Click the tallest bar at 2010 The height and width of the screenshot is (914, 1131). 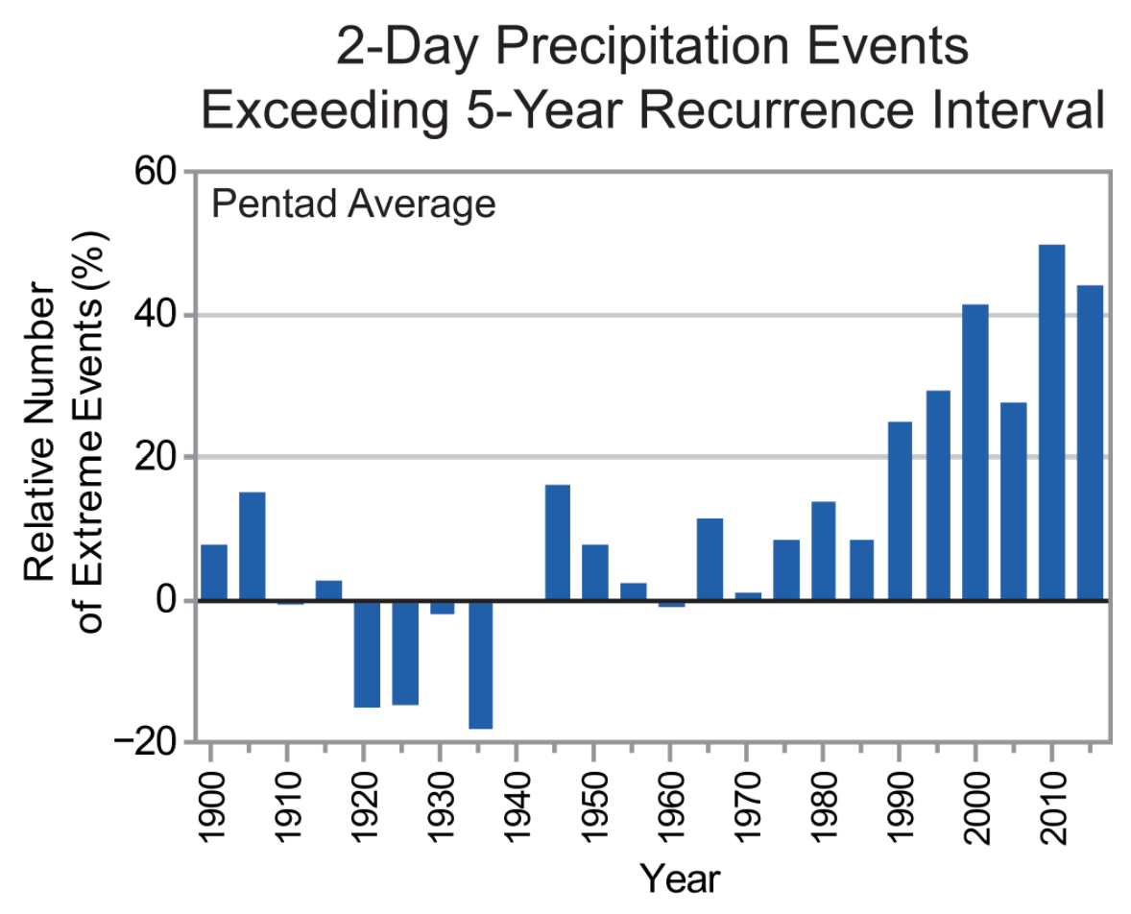click(x=1051, y=422)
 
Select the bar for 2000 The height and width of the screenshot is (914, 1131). click(x=975, y=452)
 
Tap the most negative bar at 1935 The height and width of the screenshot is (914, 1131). click(x=481, y=664)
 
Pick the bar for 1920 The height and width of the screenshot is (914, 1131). click(x=367, y=654)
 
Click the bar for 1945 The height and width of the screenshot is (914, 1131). click(x=557, y=542)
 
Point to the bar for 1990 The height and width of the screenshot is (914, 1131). click(x=900, y=511)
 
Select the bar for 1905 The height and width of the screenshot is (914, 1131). click(x=252, y=546)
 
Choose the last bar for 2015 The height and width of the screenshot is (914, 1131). click(x=1090, y=443)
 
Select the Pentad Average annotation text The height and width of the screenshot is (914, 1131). click(x=353, y=204)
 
